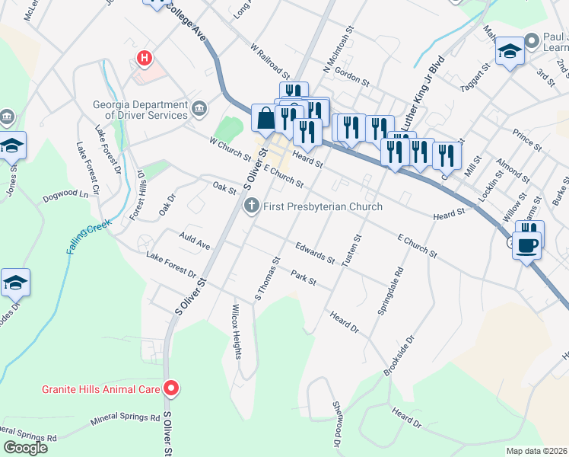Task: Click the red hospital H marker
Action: coord(143,58)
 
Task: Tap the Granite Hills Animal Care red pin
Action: coord(171,388)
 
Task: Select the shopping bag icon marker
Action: coord(265,118)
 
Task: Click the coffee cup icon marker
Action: coord(526,245)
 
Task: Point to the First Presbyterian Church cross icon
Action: coord(250,206)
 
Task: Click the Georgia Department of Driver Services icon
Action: coord(199,110)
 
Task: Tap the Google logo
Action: coord(25,448)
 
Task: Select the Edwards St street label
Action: coord(316,254)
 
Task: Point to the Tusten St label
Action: coord(351,250)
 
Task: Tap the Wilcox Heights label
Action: coord(237,333)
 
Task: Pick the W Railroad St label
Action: coord(270,61)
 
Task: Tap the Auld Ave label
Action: coord(194,241)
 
